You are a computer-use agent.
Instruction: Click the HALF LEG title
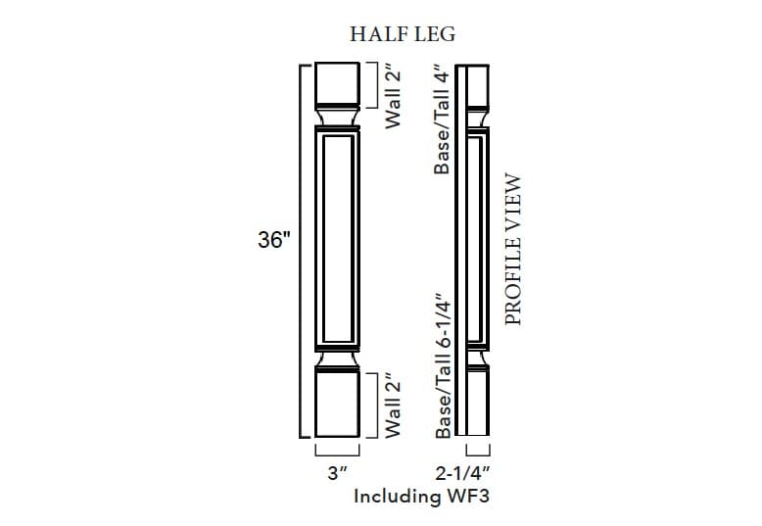pyautogui.click(x=403, y=34)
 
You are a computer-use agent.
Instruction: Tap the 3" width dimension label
pyautogui.click(x=338, y=472)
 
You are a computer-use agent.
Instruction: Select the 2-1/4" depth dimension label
pyautogui.click(x=476, y=472)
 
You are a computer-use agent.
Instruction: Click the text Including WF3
pyautogui.click(x=420, y=496)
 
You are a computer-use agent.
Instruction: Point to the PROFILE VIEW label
pyautogui.click(x=512, y=250)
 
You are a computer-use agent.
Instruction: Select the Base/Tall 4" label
pyautogui.click(x=443, y=120)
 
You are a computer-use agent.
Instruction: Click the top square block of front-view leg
pyautogui.click(x=338, y=84)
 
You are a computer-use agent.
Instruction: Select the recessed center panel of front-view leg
pyautogui.click(x=338, y=240)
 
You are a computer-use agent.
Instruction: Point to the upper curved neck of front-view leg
pyautogui.click(x=338, y=118)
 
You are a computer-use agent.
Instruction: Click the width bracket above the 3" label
pyautogui.click(x=338, y=452)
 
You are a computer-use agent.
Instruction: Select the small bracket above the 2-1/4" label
pyautogui.click(x=477, y=452)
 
